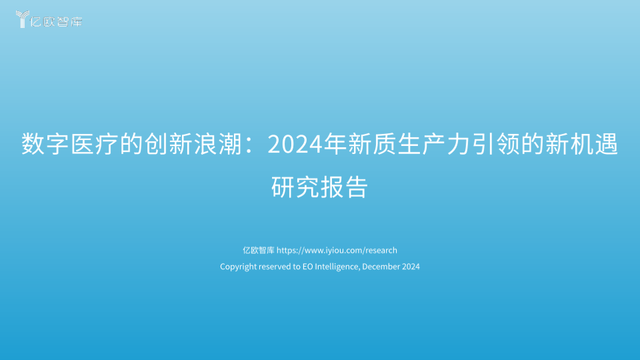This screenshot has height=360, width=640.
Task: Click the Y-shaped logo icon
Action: pyautogui.click(x=22, y=19)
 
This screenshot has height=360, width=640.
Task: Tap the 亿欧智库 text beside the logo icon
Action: pyautogui.click(x=56, y=21)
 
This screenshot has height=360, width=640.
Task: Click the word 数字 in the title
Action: pyautogui.click(x=45, y=144)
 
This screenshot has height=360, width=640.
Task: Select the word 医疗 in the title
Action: pyautogui.click(x=94, y=144)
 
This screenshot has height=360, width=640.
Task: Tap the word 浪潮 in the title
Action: pyautogui.click(x=217, y=144)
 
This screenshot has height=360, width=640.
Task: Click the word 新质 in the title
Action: pyautogui.click(x=372, y=144)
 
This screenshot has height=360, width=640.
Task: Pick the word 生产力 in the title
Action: pyautogui.click(x=434, y=144)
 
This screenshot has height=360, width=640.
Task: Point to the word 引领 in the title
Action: pyautogui.click(x=495, y=144)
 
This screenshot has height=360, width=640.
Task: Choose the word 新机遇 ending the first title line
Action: pyautogui.click(x=581, y=144)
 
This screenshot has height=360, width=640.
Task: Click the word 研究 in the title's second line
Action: pyautogui.click(x=295, y=187)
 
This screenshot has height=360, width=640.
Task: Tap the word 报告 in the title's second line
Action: pyautogui.click(x=345, y=187)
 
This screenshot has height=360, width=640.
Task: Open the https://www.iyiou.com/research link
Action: pyautogui.click(x=337, y=250)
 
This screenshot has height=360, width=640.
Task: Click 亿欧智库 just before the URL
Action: pyautogui.click(x=259, y=250)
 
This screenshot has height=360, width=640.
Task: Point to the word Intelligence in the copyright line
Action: pyautogui.click(x=337, y=267)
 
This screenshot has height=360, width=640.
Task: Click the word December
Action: pyautogui.click(x=381, y=267)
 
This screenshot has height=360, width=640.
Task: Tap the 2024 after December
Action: pyautogui.click(x=411, y=267)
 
